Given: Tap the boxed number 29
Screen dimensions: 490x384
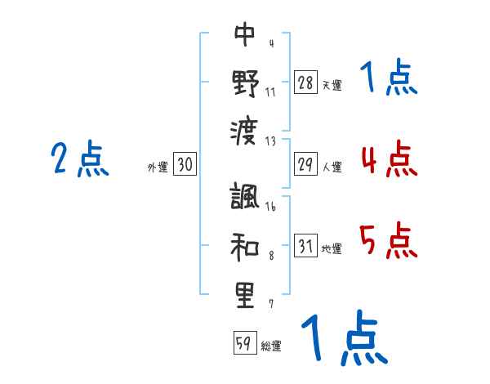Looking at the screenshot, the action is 305,164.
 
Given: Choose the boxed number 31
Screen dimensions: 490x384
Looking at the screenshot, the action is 305,246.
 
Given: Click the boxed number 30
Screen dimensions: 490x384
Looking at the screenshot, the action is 185,164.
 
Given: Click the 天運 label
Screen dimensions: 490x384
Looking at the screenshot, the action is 332,85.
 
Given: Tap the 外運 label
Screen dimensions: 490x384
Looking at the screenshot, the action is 158,167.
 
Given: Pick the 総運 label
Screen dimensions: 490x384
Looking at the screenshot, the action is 271,346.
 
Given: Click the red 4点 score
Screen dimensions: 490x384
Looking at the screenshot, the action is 389,159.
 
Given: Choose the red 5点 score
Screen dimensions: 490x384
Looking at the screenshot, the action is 389,240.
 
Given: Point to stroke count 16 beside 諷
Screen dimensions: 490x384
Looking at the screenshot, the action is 270,208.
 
